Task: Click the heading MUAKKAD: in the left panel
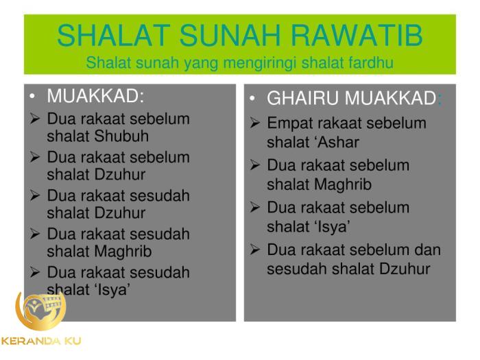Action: (x=95, y=96)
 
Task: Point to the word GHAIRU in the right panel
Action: (x=302, y=99)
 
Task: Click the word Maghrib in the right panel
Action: (x=342, y=184)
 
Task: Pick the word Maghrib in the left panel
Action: (x=123, y=251)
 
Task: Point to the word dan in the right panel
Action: (x=427, y=250)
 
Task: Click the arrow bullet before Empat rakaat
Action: (x=254, y=123)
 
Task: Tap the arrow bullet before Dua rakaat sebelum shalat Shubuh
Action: (x=35, y=119)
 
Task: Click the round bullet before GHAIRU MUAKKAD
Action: (x=252, y=99)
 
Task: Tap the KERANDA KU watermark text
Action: (x=41, y=341)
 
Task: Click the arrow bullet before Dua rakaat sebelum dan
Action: (x=254, y=250)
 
